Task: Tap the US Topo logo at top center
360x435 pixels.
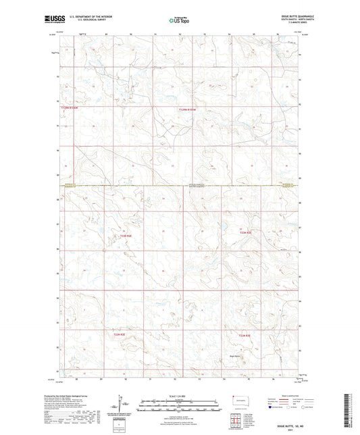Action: (180, 21)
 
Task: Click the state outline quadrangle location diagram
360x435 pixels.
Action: (238, 402)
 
